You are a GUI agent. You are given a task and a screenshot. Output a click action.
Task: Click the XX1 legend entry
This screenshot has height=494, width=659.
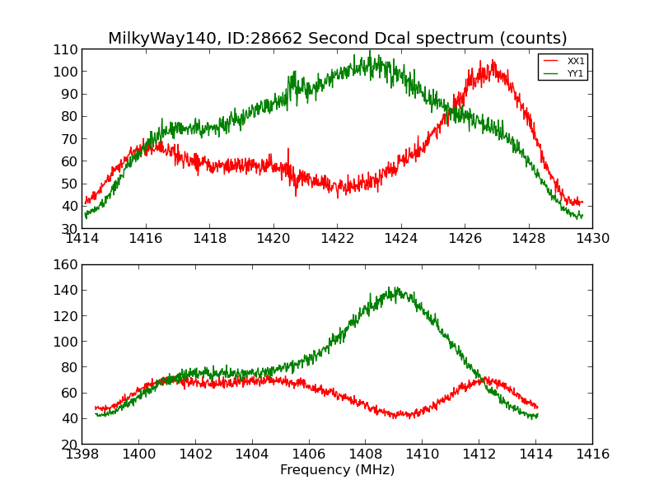pyautogui.click(x=575, y=62)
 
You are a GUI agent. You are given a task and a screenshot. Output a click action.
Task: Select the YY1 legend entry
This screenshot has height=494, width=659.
pyautogui.click(x=575, y=73)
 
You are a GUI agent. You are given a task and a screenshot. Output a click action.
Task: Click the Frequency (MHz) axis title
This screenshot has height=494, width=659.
pyautogui.click(x=337, y=470)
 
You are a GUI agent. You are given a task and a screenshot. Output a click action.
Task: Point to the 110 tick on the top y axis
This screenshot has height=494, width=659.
pyautogui.click(x=67, y=49)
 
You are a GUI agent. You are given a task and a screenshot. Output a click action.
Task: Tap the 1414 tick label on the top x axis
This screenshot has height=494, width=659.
pyautogui.click(x=82, y=239)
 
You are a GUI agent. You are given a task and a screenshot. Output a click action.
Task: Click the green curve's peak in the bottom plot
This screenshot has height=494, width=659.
pyautogui.click(x=394, y=288)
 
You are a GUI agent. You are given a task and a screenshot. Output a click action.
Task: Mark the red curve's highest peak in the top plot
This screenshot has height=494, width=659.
pyautogui.click(x=493, y=61)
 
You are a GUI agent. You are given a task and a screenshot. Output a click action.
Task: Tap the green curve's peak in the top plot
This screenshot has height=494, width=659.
pyautogui.click(x=370, y=51)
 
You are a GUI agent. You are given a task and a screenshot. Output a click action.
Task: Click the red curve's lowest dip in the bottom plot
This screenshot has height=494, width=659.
pyautogui.click(x=395, y=417)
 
